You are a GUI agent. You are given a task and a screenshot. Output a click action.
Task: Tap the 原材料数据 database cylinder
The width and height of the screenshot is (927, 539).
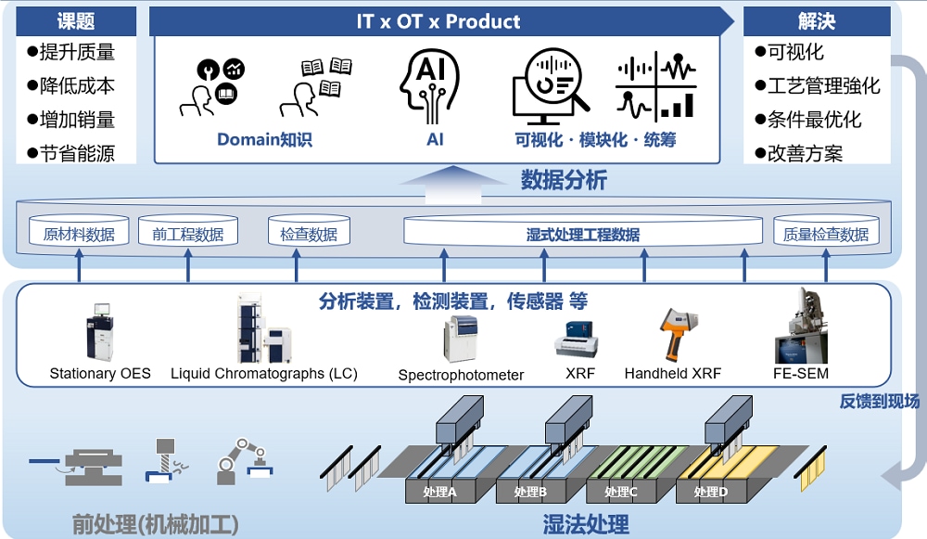[79, 232]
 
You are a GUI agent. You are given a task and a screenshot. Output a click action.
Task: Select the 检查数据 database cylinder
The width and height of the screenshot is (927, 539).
[309, 232]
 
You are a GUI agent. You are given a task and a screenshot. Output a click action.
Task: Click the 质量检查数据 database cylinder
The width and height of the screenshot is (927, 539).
[825, 232]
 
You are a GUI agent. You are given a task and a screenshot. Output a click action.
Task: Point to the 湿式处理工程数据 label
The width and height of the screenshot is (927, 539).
[583, 234]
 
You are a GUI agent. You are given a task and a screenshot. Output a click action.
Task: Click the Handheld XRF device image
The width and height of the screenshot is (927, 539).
[673, 332]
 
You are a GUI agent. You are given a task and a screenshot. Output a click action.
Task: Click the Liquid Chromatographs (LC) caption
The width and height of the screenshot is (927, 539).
[264, 374]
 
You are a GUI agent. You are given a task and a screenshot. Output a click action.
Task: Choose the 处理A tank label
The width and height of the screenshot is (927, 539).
[439, 492]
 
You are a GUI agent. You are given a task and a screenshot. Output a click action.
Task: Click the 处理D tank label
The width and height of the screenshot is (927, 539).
[711, 492]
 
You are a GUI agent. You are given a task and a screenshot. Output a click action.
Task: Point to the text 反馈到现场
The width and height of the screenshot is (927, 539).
[880, 401]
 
